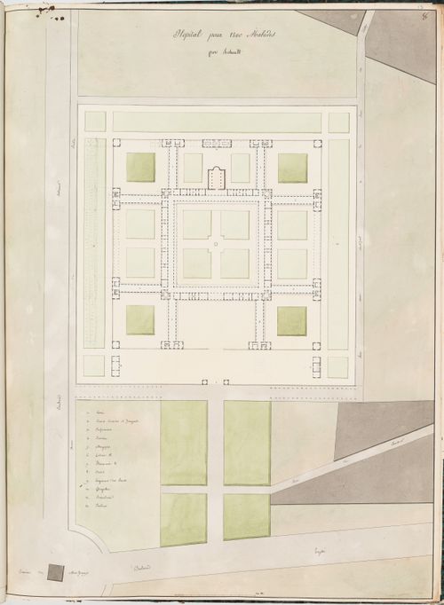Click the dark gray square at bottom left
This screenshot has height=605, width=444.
tap(55, 572)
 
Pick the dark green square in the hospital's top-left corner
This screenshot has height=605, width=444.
tap(140, 167)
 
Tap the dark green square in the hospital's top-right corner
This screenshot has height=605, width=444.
tap(292, 167)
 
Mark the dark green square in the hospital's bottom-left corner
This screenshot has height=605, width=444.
tap(140, 320)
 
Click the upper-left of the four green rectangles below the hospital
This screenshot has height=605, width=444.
tap(183, 443)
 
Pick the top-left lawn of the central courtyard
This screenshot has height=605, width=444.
tap(197, 224)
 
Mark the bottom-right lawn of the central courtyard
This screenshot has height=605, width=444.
tap(234, 263)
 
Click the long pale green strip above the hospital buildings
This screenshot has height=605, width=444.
tap(217, 122)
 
